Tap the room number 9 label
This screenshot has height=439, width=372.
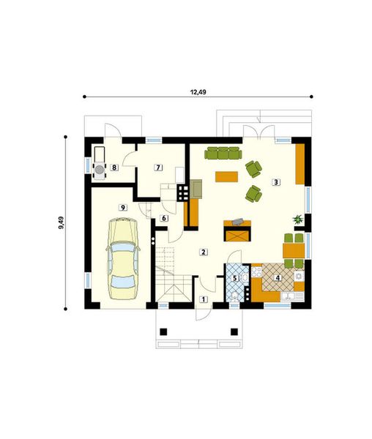click(123, 208)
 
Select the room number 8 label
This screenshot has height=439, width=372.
click(115, 168)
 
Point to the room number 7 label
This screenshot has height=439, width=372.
click(156, 168)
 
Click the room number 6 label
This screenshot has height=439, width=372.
click(163, 218)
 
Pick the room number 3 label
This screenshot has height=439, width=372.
click(275, 181)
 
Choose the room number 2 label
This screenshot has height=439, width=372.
click(203, 252)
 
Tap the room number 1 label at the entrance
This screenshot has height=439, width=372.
click(204, 300)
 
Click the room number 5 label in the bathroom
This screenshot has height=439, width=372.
click(234, 277)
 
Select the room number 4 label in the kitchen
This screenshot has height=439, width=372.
click(278, 277)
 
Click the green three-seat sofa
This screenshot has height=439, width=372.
click(223, 153)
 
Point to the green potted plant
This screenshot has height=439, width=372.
click(298, 218)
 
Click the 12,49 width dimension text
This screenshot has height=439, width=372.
click(198, 92)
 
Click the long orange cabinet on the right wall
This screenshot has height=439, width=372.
click(300, 164)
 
